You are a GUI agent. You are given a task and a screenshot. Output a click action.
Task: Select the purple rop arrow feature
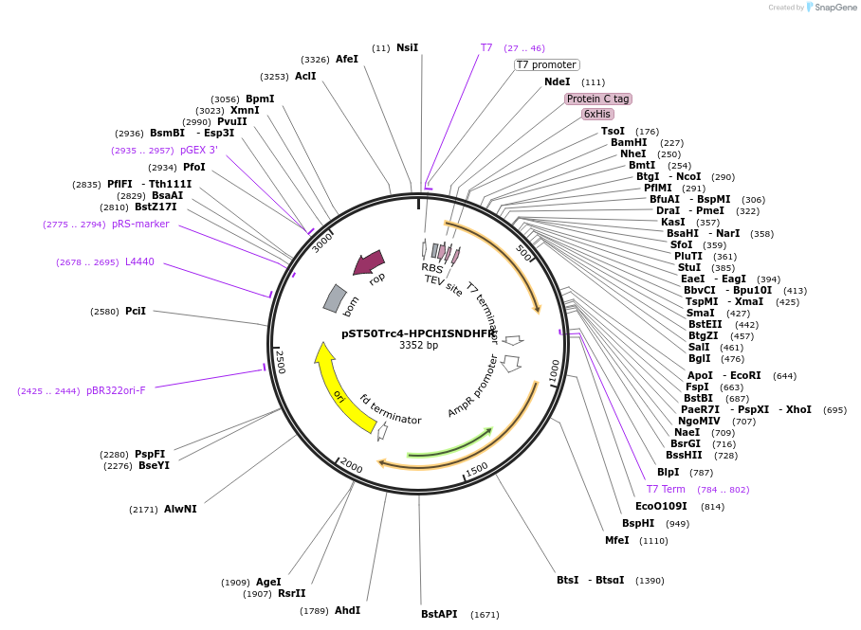pyautogui.click(x=369, y=262)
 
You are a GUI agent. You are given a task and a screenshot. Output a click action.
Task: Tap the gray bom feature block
pyautogui.click(x=335, y=297)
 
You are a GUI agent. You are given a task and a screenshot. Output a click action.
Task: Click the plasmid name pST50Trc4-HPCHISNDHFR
pyautogui.click(x=418, y=333)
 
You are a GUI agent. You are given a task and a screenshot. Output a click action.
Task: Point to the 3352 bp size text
pyautogui.click(x=418, y=346)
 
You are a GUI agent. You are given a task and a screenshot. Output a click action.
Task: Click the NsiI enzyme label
pyautogui.click(x=407, y=47)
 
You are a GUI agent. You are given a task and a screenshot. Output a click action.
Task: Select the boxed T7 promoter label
pyautogui.click(x=546, y=64)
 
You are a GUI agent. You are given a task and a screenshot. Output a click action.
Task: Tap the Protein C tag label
pyautogui.click(x=597, y=99)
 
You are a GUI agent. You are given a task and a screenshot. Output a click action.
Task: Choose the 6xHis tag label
pyautogui.click(x=597, y=114)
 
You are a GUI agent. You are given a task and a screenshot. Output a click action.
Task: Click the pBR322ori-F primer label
pyautogui.click(x=116, y=390)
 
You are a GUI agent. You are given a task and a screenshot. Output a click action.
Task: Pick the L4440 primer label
pyautogui.click(x=139, y=262)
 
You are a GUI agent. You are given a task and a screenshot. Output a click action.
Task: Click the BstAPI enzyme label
pyautogui.click(x=439, y=614)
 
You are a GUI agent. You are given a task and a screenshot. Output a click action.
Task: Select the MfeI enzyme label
pyautogui.click(x=617, y=540)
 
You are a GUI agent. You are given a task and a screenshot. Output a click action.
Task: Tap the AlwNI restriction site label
pyautogui.click(x=180, y=509)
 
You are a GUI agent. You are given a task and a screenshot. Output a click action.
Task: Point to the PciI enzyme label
pyautogui.click(x=136, y=311)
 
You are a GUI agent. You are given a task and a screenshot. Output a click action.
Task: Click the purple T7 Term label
pyautogui.click(x=666, y=489)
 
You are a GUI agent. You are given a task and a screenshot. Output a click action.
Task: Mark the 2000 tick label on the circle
pyautogui.click(x=352, y=466)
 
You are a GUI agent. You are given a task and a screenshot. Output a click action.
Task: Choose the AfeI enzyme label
pyautogui.click(x=347, y=59)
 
